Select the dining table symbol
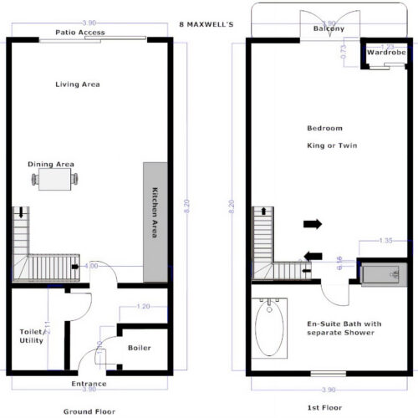(x=56, y=179)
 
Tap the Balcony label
(x=329, y=29)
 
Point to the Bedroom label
(x=324, y=129)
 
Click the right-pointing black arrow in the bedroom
(x=313, y=224)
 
